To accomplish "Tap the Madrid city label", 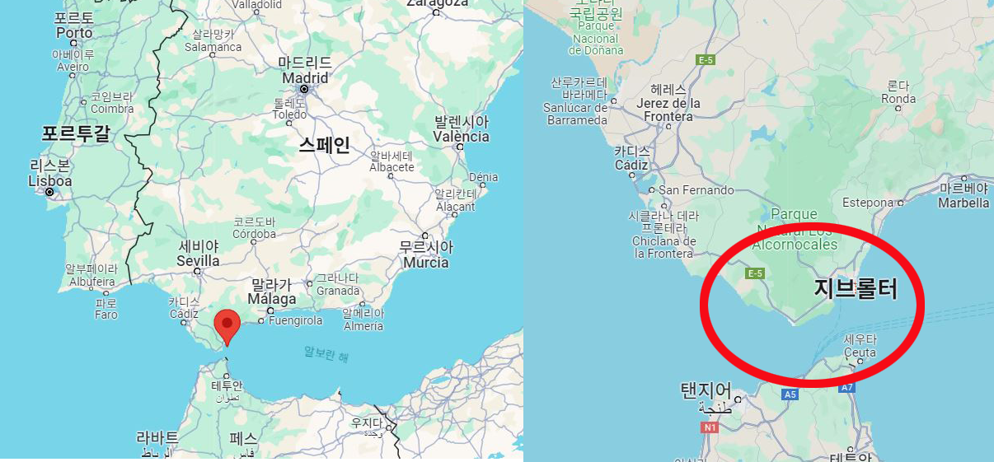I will (x=305, y=78).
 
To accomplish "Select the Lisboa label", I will (x=49, y=181).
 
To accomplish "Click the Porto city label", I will (x=74, y=33).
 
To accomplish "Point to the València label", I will (x=462, y=137).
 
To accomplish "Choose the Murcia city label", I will (x=425, y=263).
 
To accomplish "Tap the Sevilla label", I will (x=199, y=261).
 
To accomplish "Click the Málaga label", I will (x=272, y=299).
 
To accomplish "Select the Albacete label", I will (x=392, y=167).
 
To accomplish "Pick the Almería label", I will (x=363, y=326).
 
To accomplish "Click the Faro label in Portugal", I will (x=106, y=315).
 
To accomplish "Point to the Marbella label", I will (x=964, y=203).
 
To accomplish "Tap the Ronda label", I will (x=898, y=99).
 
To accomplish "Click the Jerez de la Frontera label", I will (x=668, y=110).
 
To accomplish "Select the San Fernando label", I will (x=696, y=190).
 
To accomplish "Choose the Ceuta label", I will (x=860, y=352).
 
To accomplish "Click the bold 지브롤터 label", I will (x=856, y=289).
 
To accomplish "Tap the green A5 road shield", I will (x=790, y=395).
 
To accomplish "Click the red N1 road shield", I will (x=710, y=427).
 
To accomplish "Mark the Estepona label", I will (x=868, y=203).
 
